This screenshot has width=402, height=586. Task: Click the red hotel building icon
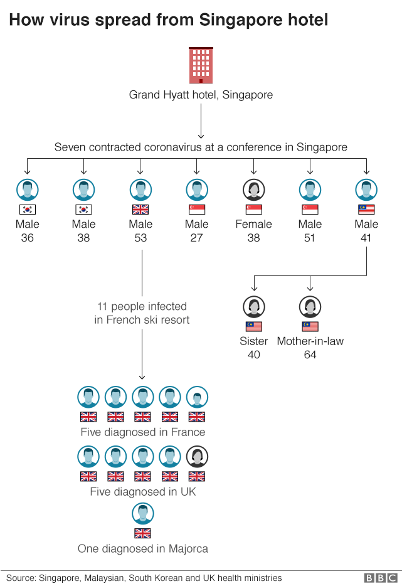(x=201, y=65)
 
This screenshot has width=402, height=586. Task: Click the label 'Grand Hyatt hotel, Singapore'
(x=201, y=95)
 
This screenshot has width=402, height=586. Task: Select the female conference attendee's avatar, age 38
(x=253, y=189)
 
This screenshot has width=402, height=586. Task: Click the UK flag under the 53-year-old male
(x=140, y=210)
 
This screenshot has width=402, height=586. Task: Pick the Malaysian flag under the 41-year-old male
(x=366, y=210)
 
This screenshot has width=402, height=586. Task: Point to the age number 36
(x=27, y=238)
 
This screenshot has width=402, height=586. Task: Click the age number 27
(x=197, y=238)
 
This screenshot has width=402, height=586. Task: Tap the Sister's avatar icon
(x=253, y=307)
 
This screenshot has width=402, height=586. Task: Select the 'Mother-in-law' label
(x=310, y=341)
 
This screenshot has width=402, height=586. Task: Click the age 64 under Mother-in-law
(x=310, y=354)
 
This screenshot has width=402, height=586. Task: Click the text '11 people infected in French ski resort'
(x=142, y=313)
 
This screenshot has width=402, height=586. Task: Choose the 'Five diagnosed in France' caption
(x=142, y=432)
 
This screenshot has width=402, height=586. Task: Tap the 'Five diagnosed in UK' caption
(x=142, y=492)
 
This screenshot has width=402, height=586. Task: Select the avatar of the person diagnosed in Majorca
(x=142, y=514)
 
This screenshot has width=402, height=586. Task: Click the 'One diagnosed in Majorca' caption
(x=142, y=548)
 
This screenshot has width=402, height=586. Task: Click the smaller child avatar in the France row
(x=197, y=397)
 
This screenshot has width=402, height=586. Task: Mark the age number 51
(x=310, y=238)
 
